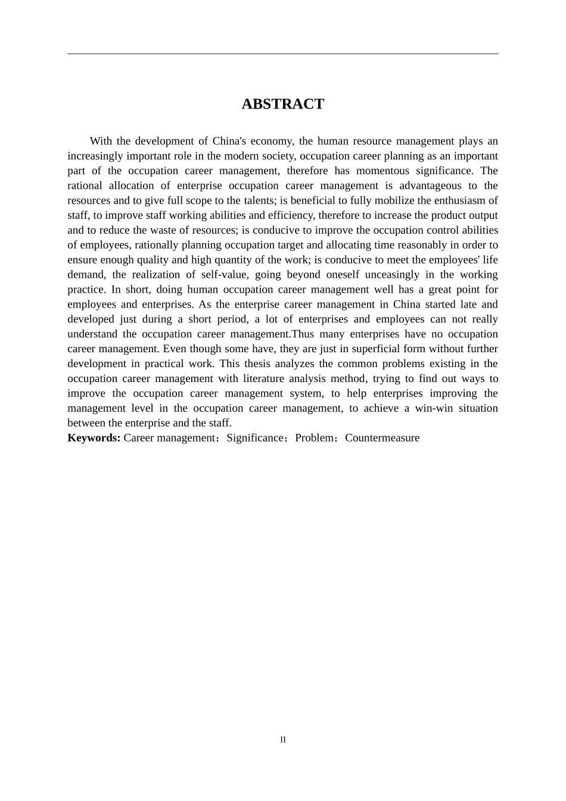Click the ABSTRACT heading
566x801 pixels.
point(282,104)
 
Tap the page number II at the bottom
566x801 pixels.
point(283,740)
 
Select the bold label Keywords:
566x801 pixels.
point(94,438)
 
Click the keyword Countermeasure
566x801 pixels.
point(382,438)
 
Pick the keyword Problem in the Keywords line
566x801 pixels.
point(314,438)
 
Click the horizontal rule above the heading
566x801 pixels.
point(282,54)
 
